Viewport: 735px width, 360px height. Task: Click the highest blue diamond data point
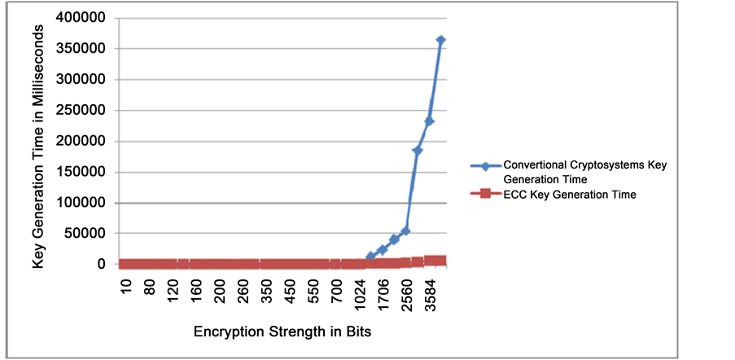click(x=441, y=40)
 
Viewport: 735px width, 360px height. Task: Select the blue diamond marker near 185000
click(x=418, y=150)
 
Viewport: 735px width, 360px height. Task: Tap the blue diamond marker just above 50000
click(x=406, y=230)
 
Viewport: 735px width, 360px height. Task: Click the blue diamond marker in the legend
click(x=485, y=165)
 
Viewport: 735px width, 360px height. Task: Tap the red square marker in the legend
click(x=485, y=194)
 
